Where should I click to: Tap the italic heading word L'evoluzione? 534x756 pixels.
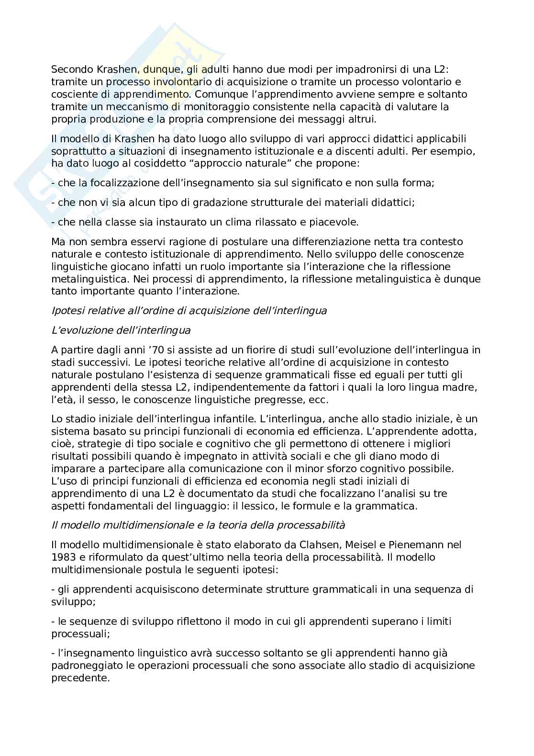tap(79, 330)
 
